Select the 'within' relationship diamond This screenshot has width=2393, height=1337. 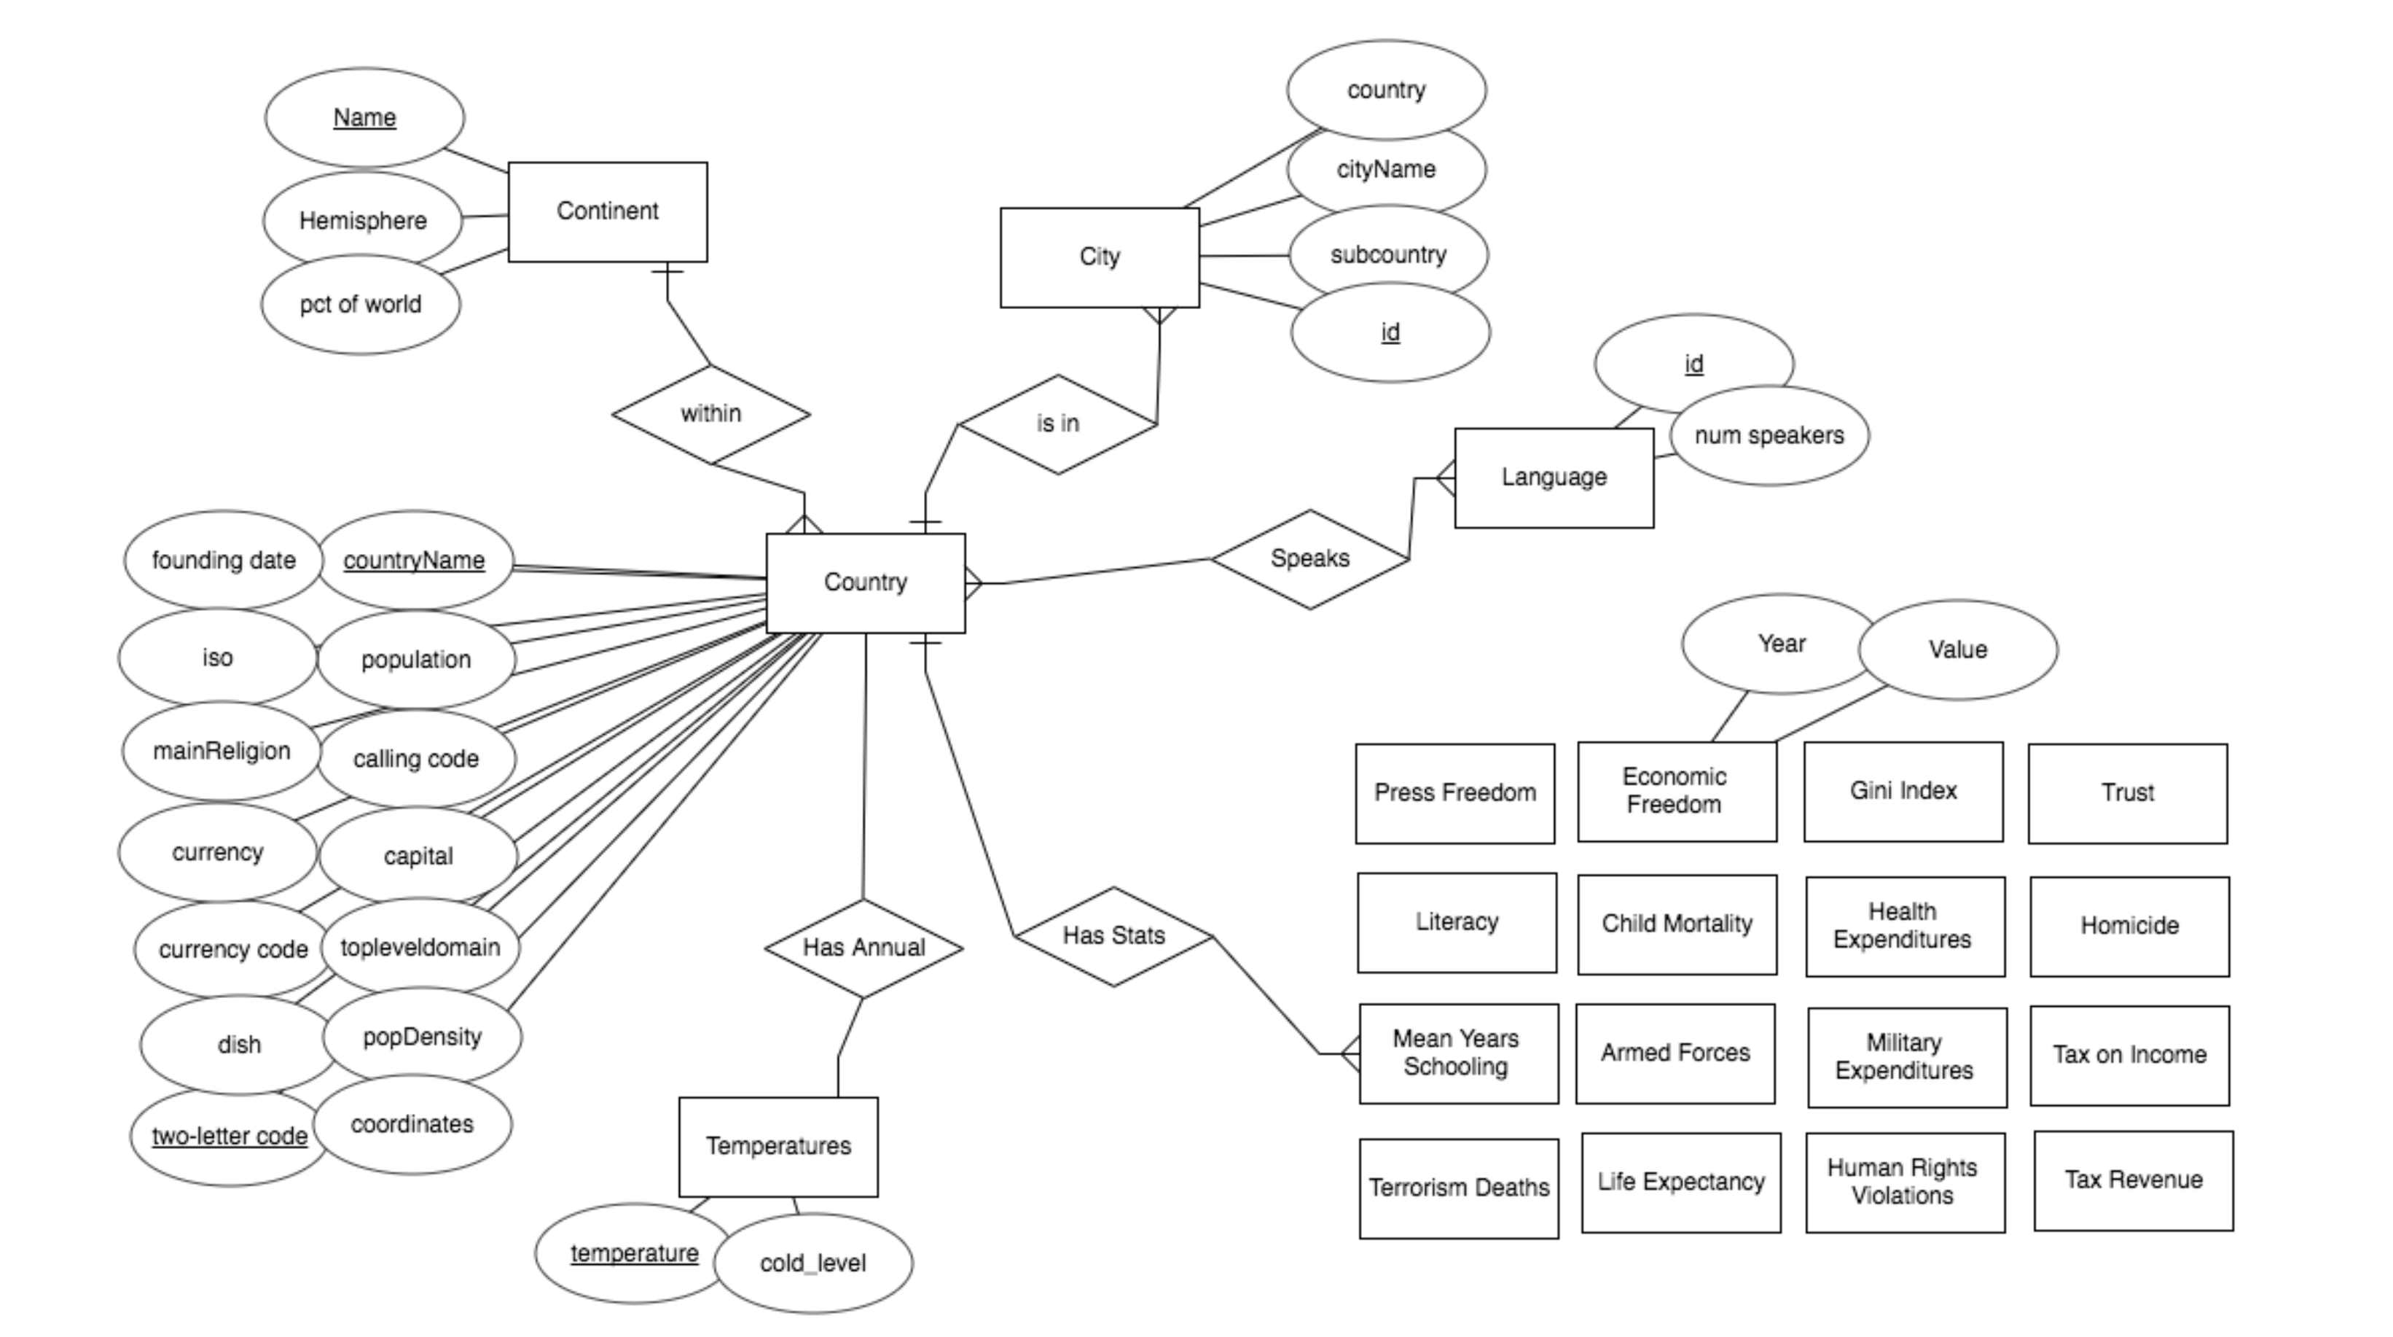point(710,414)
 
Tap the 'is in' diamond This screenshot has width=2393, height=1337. point(1057,424)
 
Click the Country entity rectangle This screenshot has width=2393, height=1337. point(865,582)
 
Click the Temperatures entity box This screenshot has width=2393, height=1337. point(778,1147)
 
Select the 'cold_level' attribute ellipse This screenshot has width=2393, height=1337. point(812,1263)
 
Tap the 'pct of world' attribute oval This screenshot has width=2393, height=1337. point(361,305)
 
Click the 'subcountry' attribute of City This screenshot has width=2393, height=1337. point(1388,254)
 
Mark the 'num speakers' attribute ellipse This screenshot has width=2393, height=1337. point(1769,436)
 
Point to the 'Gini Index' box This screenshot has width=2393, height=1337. point(1903,792)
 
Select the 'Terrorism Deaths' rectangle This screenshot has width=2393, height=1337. point(1459,1188)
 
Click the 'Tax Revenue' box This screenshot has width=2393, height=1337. point(2133,1180)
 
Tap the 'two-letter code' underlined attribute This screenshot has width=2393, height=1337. point(229,1137)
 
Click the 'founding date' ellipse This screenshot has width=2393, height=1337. point(223,561)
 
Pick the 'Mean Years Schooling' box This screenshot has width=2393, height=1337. point(1457,1053)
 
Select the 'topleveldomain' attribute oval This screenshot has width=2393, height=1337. point(420,948)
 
